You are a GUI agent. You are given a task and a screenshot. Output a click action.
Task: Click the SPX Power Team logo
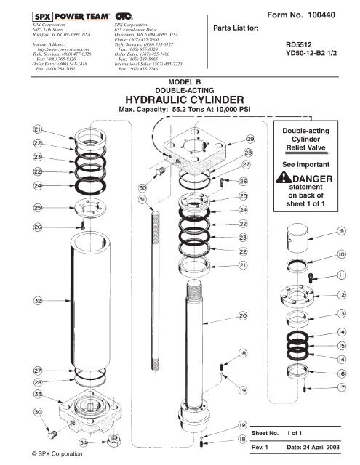tap(71, 15)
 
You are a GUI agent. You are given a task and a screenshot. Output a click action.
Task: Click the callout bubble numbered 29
tap(249, 138)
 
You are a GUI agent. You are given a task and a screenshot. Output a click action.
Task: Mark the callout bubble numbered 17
tap(340, 389)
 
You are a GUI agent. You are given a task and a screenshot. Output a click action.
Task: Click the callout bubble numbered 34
tap(84, 442)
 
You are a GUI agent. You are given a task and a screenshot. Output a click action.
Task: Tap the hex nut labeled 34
tap(113, 440)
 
